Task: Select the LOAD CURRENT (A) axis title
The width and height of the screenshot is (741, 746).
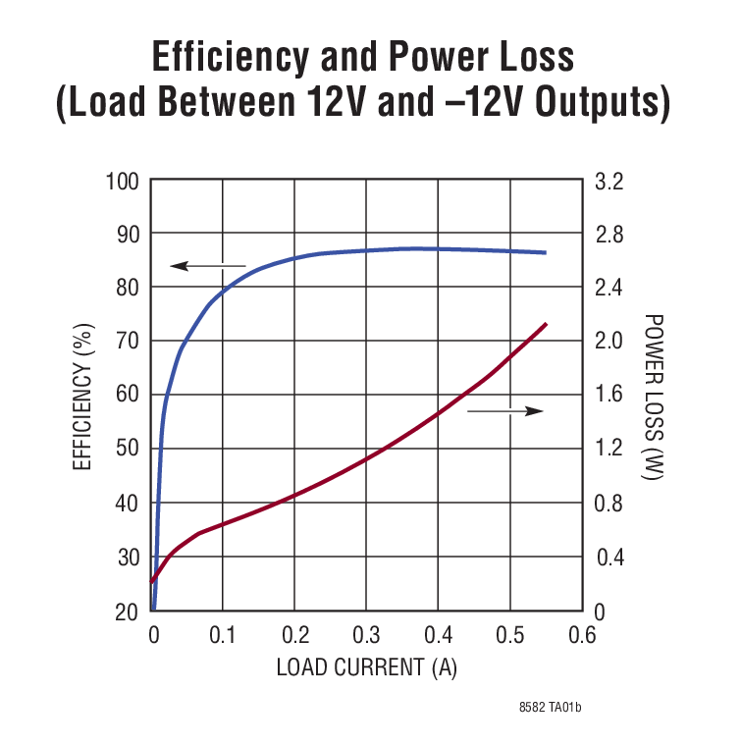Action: (x=366, y=667)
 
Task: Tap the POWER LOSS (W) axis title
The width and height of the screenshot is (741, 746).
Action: (x=655, y=397)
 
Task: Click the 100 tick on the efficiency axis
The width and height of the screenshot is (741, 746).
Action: (x=122, y=182)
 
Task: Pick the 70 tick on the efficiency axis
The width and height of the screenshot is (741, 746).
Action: (x=127, y=342)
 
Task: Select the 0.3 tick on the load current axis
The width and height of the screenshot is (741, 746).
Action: (x=366, y=635)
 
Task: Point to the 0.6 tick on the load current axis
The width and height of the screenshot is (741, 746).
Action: (x=582, y=635)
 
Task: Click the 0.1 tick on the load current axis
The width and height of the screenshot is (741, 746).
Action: (x=223, y=635)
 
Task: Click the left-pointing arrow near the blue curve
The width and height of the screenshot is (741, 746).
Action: (x=206, y=265)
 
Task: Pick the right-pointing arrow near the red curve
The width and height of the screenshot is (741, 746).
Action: (x=505, y=410)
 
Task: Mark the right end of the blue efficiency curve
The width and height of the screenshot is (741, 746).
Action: (x=545, y=252)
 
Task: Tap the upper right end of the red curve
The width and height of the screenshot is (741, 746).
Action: (x=545, y=324)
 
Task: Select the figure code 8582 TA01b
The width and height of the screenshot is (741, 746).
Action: (x=556, y=707)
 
